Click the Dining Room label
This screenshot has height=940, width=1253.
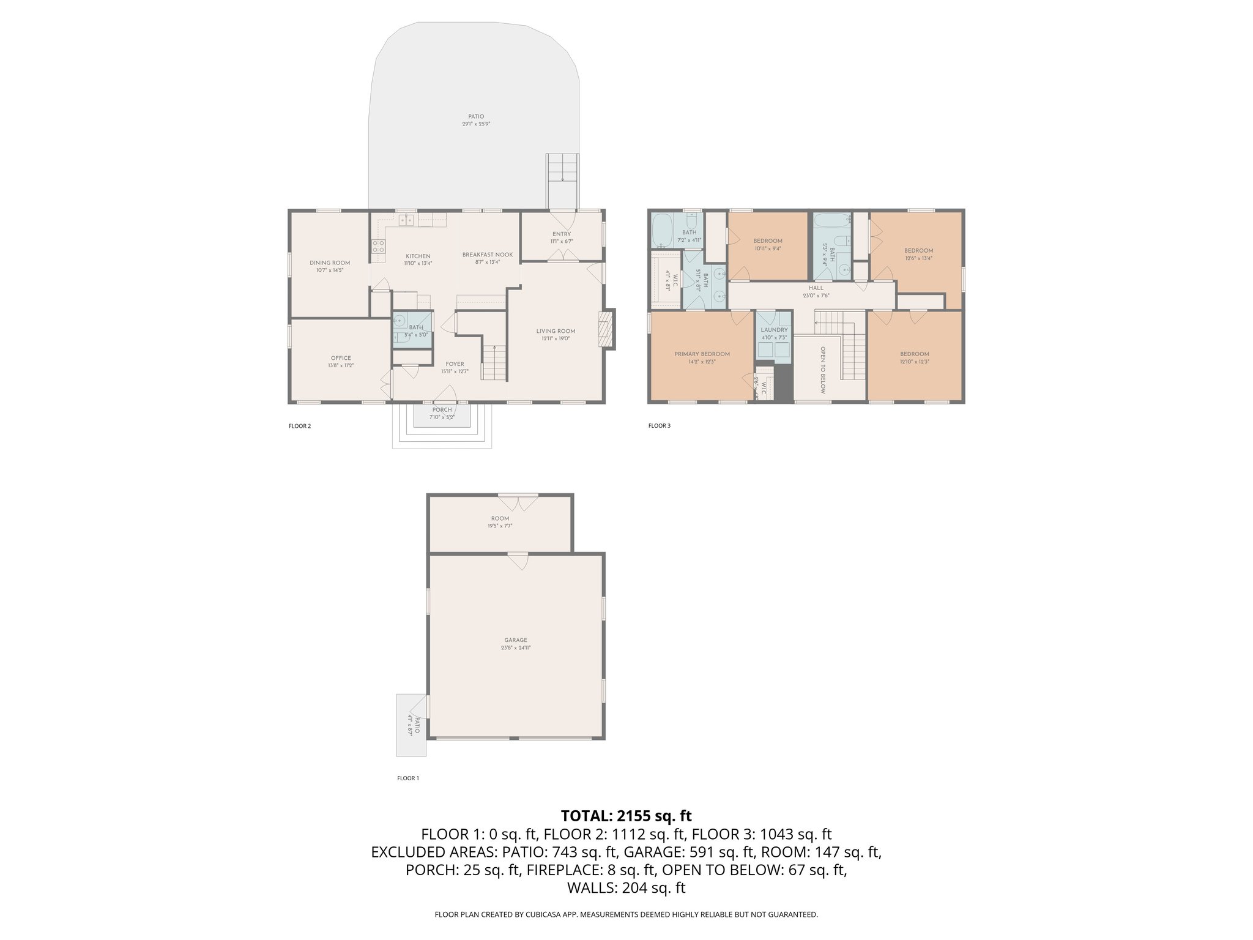point(330,263)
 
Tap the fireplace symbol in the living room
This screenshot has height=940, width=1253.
point(605,329)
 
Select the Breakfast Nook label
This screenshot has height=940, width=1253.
point(487,255)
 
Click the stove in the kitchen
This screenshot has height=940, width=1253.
point(378,247)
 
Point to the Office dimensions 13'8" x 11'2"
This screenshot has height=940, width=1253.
point(340,365)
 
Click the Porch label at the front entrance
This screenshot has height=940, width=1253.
point(442,409)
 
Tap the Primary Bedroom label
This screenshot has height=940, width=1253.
point(702,354)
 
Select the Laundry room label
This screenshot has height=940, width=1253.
point(774,330)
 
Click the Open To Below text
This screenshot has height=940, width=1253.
point(823,370)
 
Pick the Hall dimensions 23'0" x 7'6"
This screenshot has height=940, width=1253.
point(816,296)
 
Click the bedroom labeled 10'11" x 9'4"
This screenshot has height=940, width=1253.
point(767,244)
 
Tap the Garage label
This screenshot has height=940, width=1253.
point(516,640)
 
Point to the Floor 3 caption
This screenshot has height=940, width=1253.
point(660,425)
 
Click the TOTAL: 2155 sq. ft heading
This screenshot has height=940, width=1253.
point(626,816)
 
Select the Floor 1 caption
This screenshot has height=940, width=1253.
point(408,778)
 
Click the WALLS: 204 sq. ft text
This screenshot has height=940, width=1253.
point(626,888)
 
